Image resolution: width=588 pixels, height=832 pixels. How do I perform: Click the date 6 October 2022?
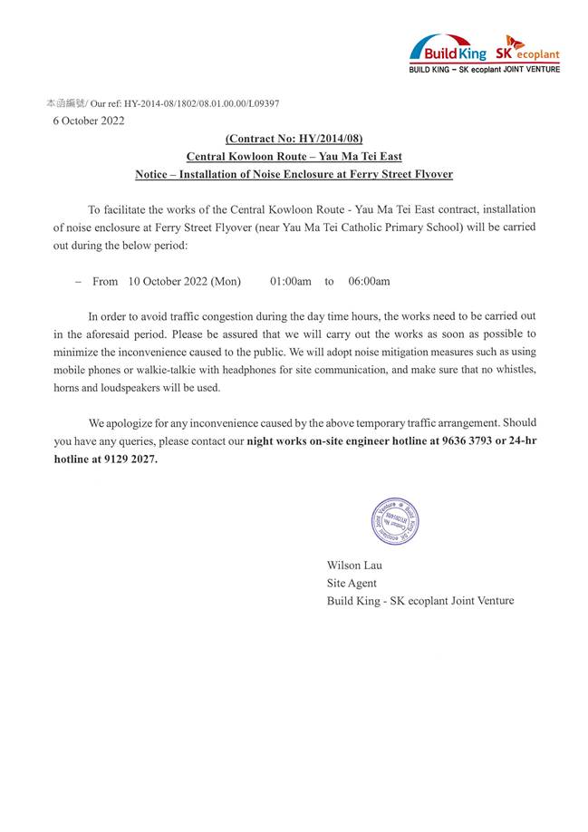(x=89, y=121)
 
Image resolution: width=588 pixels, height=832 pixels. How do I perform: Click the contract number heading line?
(x=294, y=139)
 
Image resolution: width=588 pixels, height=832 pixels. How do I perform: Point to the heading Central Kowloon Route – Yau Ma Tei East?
(x=294, y=156)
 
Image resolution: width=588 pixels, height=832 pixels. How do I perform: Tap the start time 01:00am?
(x=291, y=282)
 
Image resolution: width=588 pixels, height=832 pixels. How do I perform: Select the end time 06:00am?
(x=369, y=282)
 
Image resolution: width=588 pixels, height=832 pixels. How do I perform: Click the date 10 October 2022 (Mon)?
(x=184, y=282)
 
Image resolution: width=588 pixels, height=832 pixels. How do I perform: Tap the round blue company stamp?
(x=395, y=522)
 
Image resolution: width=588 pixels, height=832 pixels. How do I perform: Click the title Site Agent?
(x=352, y=583)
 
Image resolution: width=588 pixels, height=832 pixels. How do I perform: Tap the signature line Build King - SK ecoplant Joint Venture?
(x=420, y=601)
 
